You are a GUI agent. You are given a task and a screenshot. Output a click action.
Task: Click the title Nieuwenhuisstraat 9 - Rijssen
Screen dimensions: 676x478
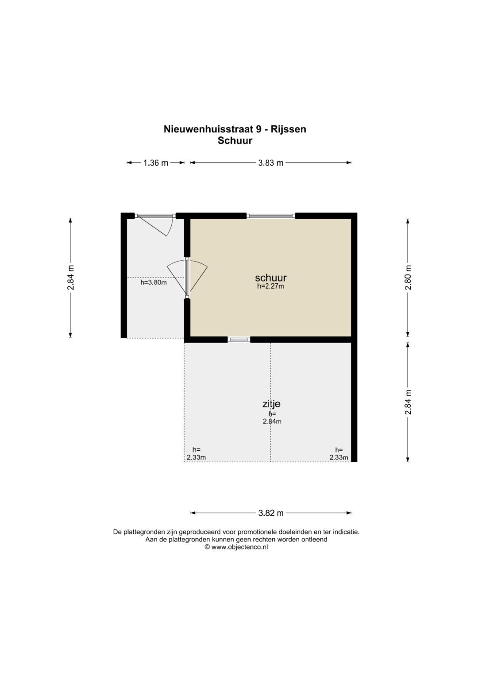(235, 129)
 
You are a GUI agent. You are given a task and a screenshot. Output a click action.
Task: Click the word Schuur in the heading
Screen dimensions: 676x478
(235, 141)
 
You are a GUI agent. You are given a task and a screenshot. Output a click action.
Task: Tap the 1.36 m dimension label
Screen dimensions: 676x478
(156, 163)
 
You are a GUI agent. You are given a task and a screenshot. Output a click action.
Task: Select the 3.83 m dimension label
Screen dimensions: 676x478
(271, 163)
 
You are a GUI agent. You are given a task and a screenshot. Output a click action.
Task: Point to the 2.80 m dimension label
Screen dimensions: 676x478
(408, 278)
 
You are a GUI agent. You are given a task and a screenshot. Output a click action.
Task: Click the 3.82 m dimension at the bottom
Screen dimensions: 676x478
(271, 513)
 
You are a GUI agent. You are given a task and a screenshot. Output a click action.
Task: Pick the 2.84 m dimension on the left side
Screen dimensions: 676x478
(71, 278)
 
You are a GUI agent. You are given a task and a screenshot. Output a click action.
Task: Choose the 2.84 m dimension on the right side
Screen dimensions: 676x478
(408, 402)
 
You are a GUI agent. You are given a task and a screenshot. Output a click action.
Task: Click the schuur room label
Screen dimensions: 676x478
(271, 278)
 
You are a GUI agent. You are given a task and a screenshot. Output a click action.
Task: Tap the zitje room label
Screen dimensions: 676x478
(271, 404)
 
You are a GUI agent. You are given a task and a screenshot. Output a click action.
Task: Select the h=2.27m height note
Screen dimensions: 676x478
(271, 286)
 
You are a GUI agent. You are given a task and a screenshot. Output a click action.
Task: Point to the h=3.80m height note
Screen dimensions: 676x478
(154, 282)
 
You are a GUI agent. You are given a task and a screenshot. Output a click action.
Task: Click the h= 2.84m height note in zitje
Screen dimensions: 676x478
(272, 417)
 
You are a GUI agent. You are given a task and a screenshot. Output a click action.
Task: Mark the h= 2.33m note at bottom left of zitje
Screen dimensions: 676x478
(196, 454)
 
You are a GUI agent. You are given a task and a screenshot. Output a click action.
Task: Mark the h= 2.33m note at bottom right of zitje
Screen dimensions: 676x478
(339, 454)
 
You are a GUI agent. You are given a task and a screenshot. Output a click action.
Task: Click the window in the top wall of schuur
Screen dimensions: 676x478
(271, 216)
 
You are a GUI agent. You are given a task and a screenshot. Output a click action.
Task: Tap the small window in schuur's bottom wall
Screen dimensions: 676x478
(239, 340)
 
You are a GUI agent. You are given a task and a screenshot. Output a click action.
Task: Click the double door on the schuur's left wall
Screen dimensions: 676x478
(187, 278)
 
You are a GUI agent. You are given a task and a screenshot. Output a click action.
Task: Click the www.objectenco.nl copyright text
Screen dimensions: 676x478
(236, 547)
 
